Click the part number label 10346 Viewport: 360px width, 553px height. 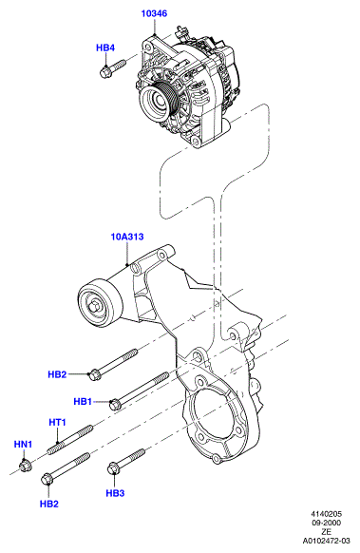[154, 13]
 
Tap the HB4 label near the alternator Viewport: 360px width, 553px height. [105, 48]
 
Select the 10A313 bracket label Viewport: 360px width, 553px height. [127, 237]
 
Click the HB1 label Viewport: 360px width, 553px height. [83, 401]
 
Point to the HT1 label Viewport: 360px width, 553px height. [57, 422]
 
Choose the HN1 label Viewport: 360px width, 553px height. [23, 444]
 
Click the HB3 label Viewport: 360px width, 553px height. [115, 493]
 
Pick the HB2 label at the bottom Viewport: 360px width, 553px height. [49, 504]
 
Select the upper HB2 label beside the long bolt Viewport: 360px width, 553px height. [57, 374]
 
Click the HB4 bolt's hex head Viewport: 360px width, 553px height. [105, 72]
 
